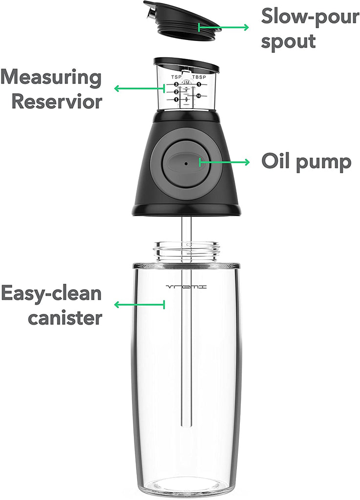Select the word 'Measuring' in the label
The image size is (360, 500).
(51, 78)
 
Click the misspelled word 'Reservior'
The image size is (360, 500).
(57, 102)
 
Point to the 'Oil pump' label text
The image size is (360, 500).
(306, 162)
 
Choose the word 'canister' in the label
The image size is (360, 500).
(65, 317)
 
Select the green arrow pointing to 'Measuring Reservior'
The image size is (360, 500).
(139, 88)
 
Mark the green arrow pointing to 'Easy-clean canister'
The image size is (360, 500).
(139, 305)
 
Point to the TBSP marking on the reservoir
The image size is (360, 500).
(199, 77)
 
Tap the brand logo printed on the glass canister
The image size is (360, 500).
(187, 287)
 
